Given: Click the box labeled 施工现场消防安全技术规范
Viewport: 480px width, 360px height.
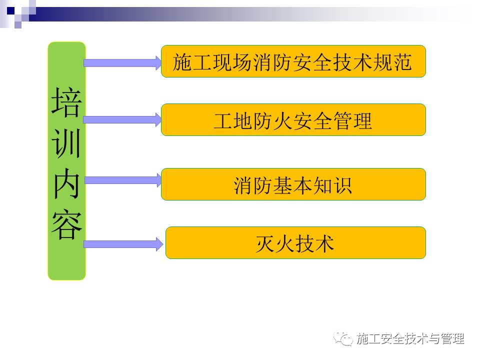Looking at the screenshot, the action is (x=293, y=61).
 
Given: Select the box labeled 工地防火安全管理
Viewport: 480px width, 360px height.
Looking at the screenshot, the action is (x=293, y=120).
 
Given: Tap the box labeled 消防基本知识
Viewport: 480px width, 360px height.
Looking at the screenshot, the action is (x=293, y=184).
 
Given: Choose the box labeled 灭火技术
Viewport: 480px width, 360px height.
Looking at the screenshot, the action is (x=295, y=243).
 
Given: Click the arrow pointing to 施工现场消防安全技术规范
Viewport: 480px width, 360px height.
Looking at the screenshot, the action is (x=122, y=63).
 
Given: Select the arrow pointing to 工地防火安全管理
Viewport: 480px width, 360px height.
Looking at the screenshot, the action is (x=122, y=120).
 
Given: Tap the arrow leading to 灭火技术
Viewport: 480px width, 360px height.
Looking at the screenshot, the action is (x=123, y=244).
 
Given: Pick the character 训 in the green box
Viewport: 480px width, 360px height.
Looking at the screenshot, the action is (x=66, y=143).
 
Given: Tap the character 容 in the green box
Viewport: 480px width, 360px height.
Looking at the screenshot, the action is (x=66, y=224).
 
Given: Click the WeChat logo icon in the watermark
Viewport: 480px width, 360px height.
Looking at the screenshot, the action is (x=344, y=338).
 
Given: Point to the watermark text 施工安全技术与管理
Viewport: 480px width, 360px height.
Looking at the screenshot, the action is (x=410, y=339).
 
